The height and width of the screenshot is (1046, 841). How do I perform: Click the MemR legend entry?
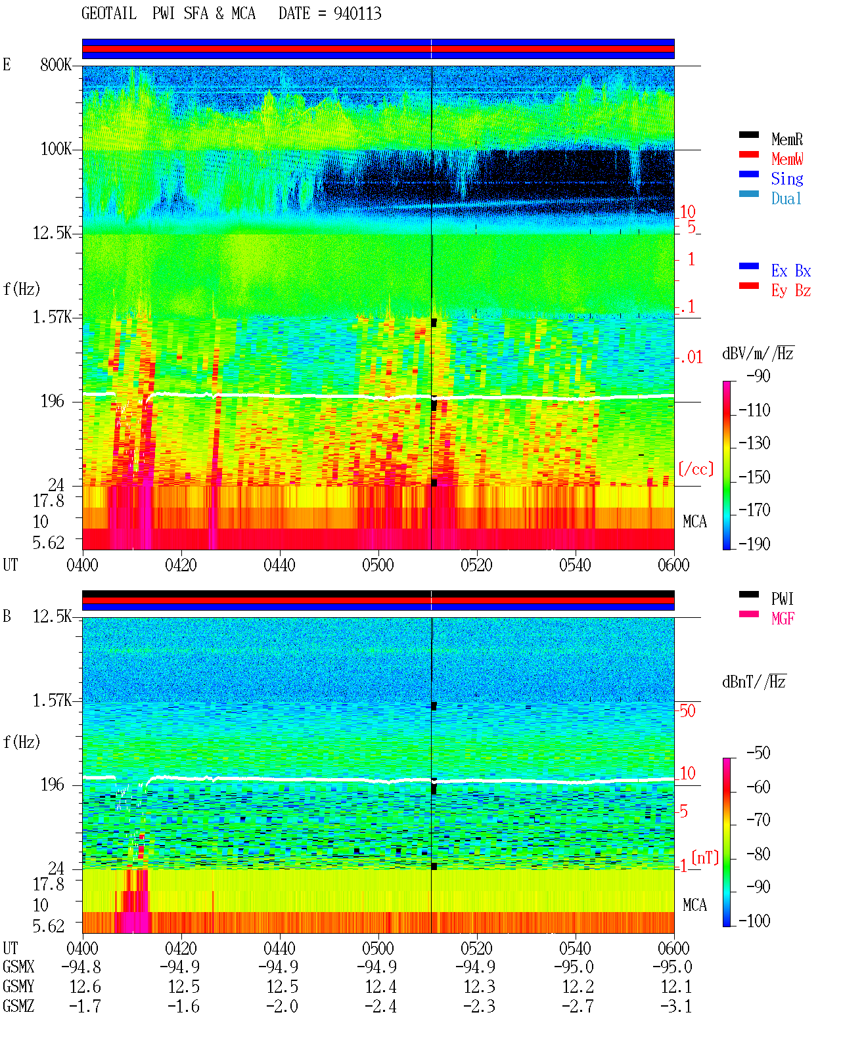[786, 139]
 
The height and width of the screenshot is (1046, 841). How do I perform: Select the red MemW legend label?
[787, 159]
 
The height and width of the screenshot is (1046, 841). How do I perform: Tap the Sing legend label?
[786, 179]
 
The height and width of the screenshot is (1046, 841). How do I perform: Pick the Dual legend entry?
[786, 198]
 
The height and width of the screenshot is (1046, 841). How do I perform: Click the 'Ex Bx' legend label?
[791, 271]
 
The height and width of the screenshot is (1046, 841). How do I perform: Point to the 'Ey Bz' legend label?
[791, 291]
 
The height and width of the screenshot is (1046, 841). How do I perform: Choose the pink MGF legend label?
[783, 619]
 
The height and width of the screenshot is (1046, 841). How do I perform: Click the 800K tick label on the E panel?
[56, 64]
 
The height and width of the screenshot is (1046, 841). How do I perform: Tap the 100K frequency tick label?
[56, 149]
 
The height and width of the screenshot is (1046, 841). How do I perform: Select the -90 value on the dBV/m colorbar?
[758, 376]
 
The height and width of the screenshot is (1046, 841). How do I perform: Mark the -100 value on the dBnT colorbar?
[754, 921]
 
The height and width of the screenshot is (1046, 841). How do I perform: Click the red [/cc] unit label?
[696, 469]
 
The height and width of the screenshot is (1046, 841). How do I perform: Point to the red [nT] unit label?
[705, 858]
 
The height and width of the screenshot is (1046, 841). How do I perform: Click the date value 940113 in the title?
[357, 14]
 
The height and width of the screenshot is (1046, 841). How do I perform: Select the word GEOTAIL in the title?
[109, 13]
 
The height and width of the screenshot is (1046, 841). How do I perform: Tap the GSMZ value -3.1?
[676, 1006]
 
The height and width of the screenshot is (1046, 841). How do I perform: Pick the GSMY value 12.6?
[85, 987]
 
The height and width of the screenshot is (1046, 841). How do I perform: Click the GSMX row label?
[18, 967]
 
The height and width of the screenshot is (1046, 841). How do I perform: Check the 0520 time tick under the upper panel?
[477, 565]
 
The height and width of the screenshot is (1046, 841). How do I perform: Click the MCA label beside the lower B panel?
[694, 905]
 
